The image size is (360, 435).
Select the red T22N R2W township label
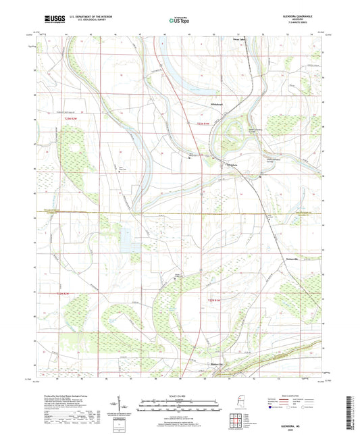(63, 294)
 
